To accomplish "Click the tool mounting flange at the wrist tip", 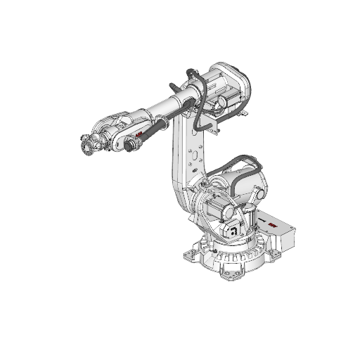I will coord(85,146).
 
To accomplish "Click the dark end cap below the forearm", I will coord(131,146).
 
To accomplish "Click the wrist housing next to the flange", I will coord(105,133).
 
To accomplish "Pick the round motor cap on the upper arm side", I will coord(219,103).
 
